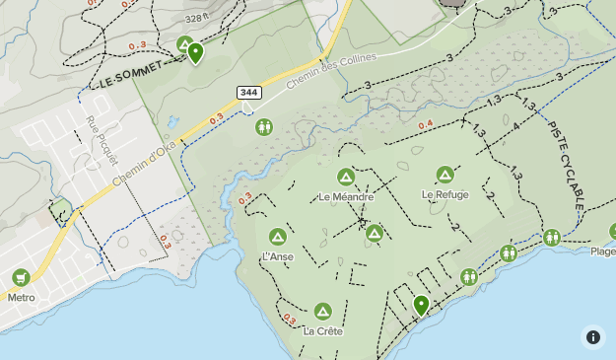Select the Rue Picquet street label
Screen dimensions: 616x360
coord(102,141)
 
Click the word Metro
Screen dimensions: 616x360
coord(21,297)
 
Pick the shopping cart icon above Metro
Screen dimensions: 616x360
coord(21,277)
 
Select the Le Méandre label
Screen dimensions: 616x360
coord(346,196)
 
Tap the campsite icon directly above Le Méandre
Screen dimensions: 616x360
coord(346,178)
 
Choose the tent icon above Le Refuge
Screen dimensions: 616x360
coord(445,175)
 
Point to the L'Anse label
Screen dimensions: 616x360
coord(278,256)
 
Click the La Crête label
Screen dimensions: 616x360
coord(323,331)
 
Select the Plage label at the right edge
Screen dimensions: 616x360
coord(602,251)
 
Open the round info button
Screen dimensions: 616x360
coord(592,336)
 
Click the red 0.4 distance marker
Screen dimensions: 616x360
coord(425,124)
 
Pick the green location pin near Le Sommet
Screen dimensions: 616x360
coord(196,53)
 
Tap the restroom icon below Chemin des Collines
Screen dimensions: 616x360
coord(263,126)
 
